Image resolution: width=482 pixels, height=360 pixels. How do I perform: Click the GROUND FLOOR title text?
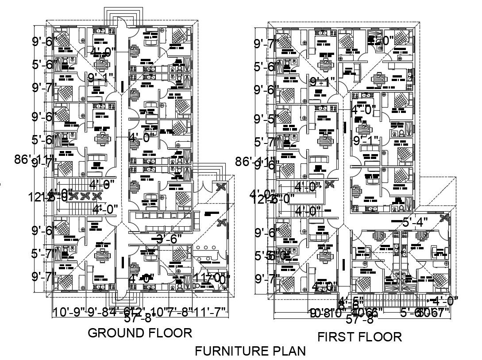point(140,333)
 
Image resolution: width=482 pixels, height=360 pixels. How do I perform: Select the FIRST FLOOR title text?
point(360,337)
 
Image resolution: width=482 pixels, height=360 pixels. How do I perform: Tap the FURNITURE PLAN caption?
point(250,352)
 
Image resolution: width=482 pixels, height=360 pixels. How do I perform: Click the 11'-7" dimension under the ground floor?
point(211,312)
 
